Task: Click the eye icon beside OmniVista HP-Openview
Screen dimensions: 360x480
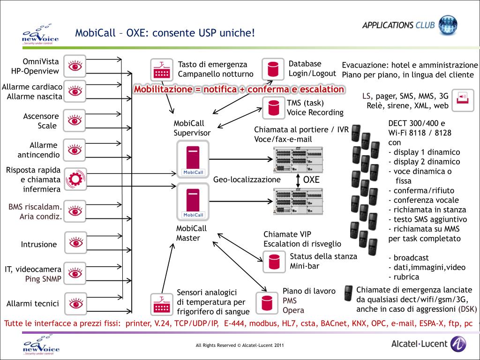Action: click(x=75, y=66)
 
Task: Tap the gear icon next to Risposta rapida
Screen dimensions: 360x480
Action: click(x=75, y=179)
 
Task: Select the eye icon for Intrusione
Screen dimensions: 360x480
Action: click(x=75, y=243)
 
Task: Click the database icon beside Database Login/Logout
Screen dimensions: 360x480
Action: click(x=273, y=69)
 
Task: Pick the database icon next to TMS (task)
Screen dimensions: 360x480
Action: click(x=273, y=108)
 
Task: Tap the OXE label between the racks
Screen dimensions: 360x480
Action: click(x=311, y=180)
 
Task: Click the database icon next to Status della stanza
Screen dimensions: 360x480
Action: click(x=273, y=262)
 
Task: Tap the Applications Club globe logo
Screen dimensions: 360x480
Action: click(x=448, y=25)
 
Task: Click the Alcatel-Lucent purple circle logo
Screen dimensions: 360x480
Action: click(x=458, y=344)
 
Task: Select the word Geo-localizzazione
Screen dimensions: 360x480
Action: click(x=247, y=180)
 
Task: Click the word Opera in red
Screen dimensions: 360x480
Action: click(x=293, y=310)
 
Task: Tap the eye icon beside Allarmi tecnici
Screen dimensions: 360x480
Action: click(x=75, y=304)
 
